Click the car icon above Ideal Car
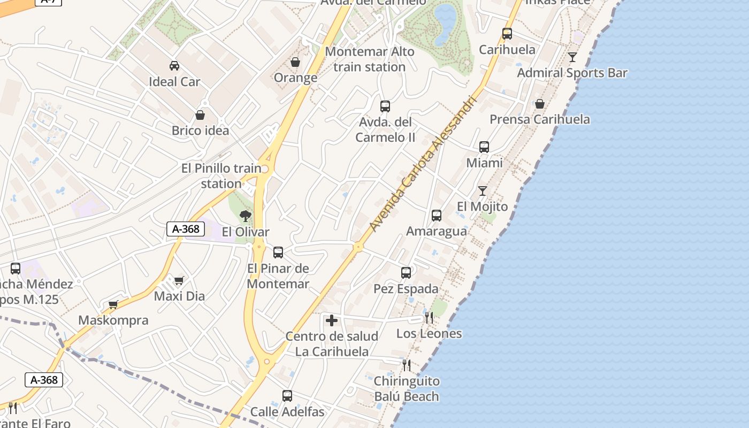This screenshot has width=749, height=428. [174, 66]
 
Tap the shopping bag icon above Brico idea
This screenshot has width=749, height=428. [200, 115]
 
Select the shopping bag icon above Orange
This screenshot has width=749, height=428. [295, 62]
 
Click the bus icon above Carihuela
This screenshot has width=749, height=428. [507, 34]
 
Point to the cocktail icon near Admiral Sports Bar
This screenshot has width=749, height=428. [572, 57]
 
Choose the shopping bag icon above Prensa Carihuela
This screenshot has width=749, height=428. [539, 104]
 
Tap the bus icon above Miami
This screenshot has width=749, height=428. [484, 147]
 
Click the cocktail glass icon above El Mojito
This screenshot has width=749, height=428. [483, 190]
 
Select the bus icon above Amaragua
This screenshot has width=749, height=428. [437, 216]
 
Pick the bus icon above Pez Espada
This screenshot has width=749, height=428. [406, 273]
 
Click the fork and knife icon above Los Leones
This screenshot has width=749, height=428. [429, 318]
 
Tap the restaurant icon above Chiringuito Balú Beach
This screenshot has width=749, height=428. [407, 365]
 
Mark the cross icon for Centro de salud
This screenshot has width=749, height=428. [332, 320]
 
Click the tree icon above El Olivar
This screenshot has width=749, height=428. [246, 216]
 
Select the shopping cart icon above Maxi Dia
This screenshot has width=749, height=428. [179, 280]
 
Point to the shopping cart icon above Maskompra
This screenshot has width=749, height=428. [113, 305]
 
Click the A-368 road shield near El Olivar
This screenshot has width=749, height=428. [186, 229]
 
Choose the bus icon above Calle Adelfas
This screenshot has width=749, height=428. [287, 396]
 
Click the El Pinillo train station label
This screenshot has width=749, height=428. [221, 176]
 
